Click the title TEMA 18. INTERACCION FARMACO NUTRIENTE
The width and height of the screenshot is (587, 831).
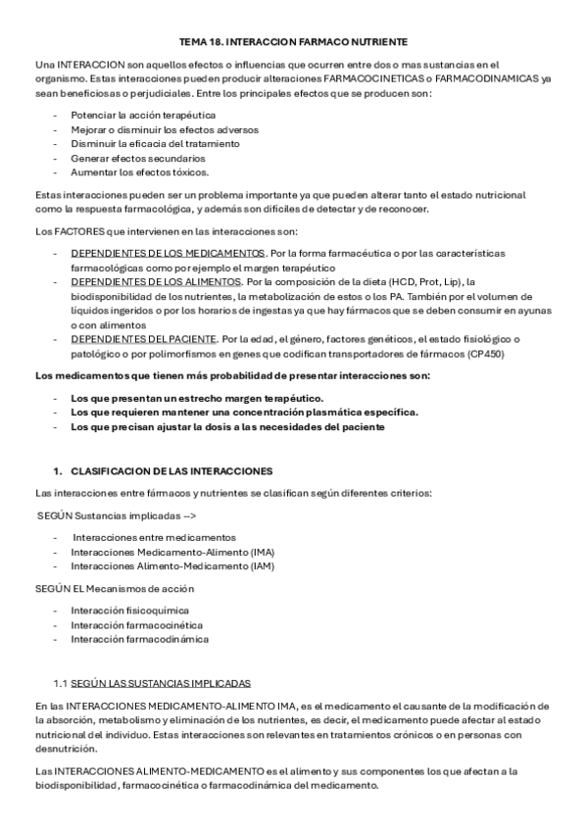click(x=293, y=43)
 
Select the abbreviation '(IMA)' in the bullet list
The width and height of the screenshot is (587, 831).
click(x=263, y=552)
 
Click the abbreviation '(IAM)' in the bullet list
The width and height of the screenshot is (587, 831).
click(x=262, y=565)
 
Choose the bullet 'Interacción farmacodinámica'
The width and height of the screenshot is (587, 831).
click(x=139, y=638)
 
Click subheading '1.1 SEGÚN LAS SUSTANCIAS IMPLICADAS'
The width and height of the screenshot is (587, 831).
click(x=152, y=682)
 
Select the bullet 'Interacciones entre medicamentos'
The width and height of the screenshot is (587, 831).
click(x=154, y=537)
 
